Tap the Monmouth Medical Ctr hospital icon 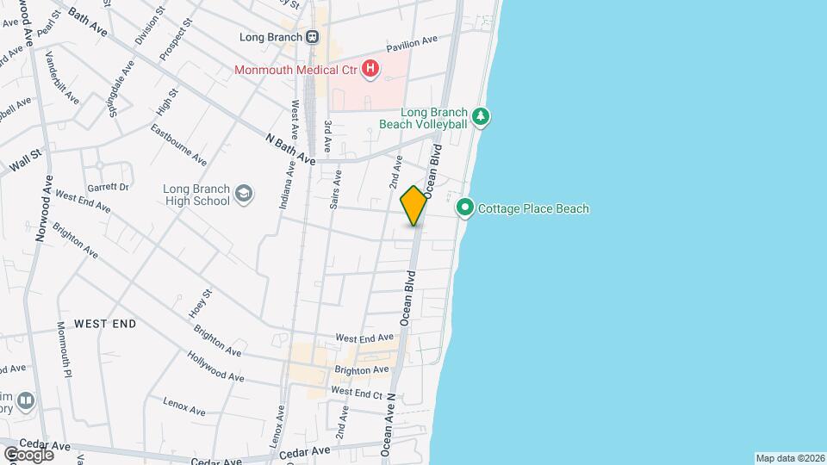tap(370, 68)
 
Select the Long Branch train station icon tap(312, 37)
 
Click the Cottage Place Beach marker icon tap(465, 208)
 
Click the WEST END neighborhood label tap(105, 324)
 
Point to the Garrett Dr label tap(108, 187)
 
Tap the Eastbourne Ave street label tap(178, 146)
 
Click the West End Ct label tap(356, 392)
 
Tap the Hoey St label tap(201, 302)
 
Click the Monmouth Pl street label tap(64, 349)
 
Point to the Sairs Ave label tap(337, 189)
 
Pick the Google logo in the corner tap(29, 454)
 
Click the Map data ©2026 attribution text tap(789, 458)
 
